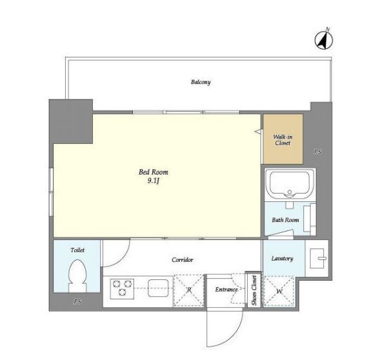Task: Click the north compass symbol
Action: pos(324,40)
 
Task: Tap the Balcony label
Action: pos(201,82)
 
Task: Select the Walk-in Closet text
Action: pos(283,140)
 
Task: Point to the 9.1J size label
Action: pos(154,181)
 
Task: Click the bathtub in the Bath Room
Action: pos(290,185)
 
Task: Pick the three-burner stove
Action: pos(122,288)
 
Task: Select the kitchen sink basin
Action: pos(158,288)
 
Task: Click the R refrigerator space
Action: pos(189,290)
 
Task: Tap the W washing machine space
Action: pos(279,291)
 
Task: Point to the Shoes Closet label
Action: pos(254,290)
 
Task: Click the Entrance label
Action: pos(226,289)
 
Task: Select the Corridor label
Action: pos(183,260)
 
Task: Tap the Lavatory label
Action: pos(283,259)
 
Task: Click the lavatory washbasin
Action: pos(317,258)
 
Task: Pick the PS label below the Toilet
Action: pos(77,301)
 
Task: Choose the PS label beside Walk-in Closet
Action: pos(317,152)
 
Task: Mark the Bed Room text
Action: pos(154,172)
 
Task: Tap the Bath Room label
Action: pos(285,220)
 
